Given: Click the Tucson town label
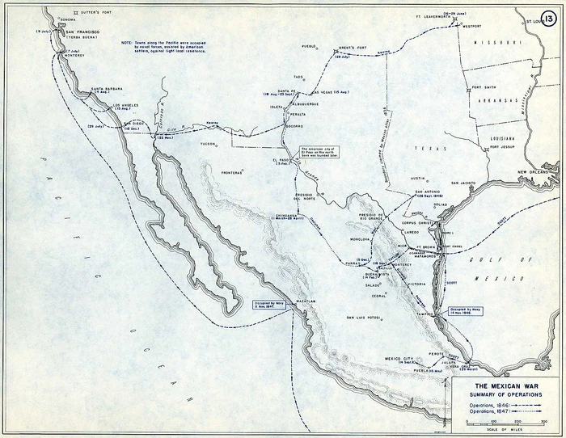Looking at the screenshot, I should point(209,144).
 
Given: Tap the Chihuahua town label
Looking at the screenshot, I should point(286,217).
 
